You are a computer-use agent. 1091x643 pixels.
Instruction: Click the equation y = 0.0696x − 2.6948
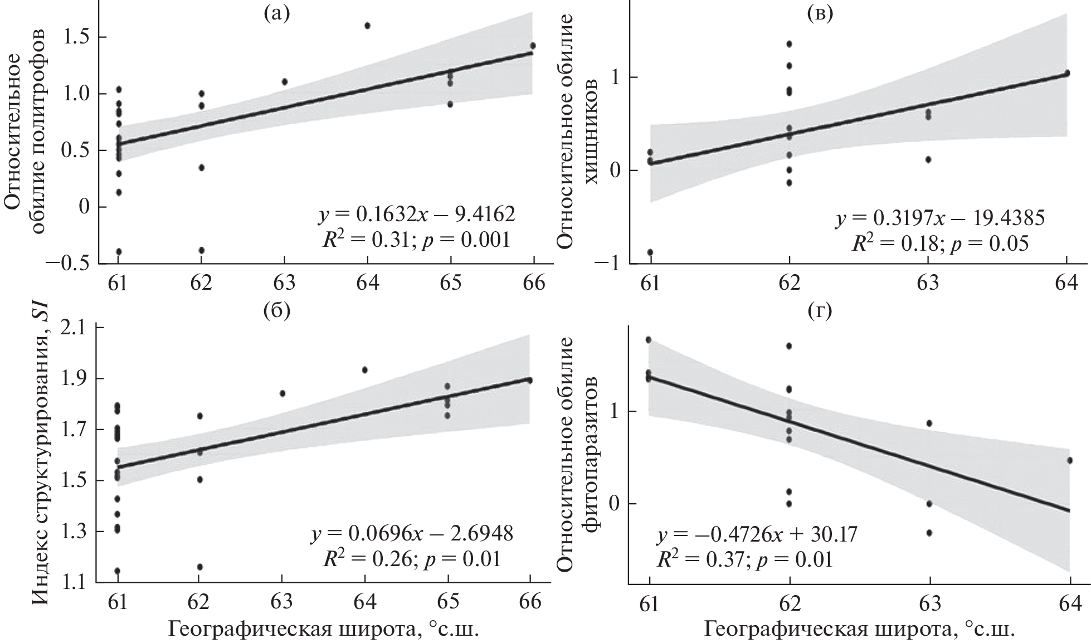pos(411,533)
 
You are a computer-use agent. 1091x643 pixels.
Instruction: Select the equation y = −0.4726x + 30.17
pos(756,535)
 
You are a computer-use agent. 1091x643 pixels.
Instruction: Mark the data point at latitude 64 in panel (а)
pos(367,26)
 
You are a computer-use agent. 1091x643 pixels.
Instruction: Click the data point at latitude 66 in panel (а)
pos(533,46)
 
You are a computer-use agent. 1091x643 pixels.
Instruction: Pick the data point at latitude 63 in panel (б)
pos(283,393)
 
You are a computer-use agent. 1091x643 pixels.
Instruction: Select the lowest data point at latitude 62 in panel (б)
pos(200,567)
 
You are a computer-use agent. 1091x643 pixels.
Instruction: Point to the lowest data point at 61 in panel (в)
pos(650,252)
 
